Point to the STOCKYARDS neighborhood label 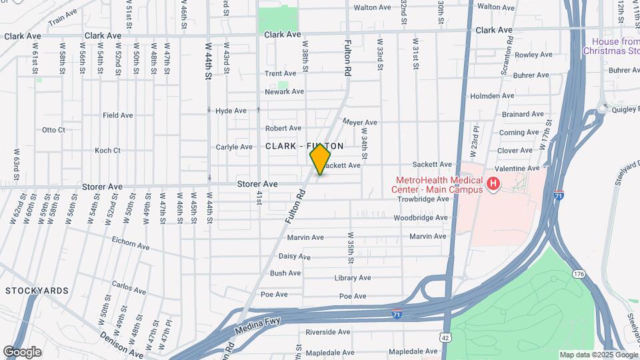pyautogui.click(x=37, y=291)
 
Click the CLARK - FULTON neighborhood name pyautogui.click(x=305, y=145)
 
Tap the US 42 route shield pyautogui.click(x=443, y=338)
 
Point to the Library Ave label pyautogui.click(x=353, y=278)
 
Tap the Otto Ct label pyautogui.click(x=53, y=130)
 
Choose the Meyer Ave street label pyautogui.click(x=360, y=123)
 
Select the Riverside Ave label pyautogui.click(x=328, y=331)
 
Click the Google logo pyautogui.click(x=22, y=351)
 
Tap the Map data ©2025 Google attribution pyautogui.click(x=598, y=355)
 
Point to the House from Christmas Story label pyautogui.click(x=611, y=46)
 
